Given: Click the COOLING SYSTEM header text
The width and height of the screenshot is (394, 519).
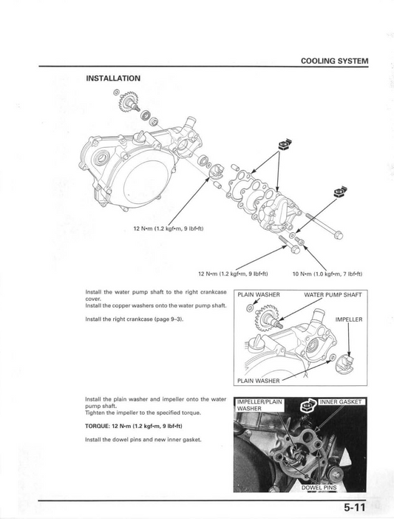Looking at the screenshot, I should (334, 61).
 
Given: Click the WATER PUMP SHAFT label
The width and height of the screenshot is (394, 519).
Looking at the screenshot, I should (333, 295).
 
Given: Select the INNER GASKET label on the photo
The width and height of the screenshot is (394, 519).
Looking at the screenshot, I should (342, 401).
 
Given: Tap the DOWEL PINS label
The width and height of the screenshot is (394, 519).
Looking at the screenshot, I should (319, 488).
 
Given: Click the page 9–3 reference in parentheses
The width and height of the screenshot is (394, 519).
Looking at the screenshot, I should (169, 319).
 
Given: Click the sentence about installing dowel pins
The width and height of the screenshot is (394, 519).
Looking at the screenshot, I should (143, 440).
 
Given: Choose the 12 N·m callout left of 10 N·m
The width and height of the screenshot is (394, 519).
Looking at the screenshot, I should (233, 273).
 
